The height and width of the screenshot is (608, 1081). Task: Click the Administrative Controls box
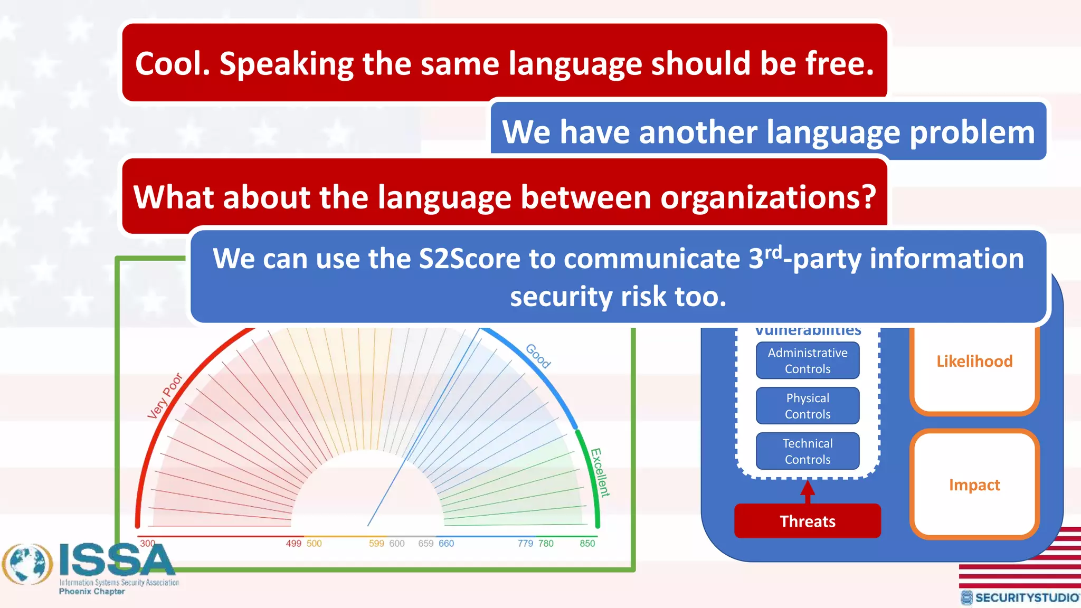(x=808, y=360)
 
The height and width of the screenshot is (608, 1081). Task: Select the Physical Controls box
(x=808, y=406)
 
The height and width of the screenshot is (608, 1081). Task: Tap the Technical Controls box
(x=808, y=451)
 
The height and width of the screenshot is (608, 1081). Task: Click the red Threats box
(x=807, y=521)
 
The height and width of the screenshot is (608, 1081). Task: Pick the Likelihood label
(x=974, y=362)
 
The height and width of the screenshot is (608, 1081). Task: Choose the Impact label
(x=974, y=485)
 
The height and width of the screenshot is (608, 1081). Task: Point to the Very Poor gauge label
(x=165, y=396)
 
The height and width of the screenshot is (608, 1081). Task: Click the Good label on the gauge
(x=538, y=356)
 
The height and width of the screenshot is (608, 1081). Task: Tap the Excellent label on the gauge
(x=600, y=472)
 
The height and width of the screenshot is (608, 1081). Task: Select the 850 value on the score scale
(x=587, y=544)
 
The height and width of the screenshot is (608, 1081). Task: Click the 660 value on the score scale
(x=446, y=544)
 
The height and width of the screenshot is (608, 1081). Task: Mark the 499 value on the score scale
(x=293, y=544)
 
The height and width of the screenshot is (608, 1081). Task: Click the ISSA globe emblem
(x=27, y=565)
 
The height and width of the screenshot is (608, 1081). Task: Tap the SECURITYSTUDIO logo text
(x=1026, y=597)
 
